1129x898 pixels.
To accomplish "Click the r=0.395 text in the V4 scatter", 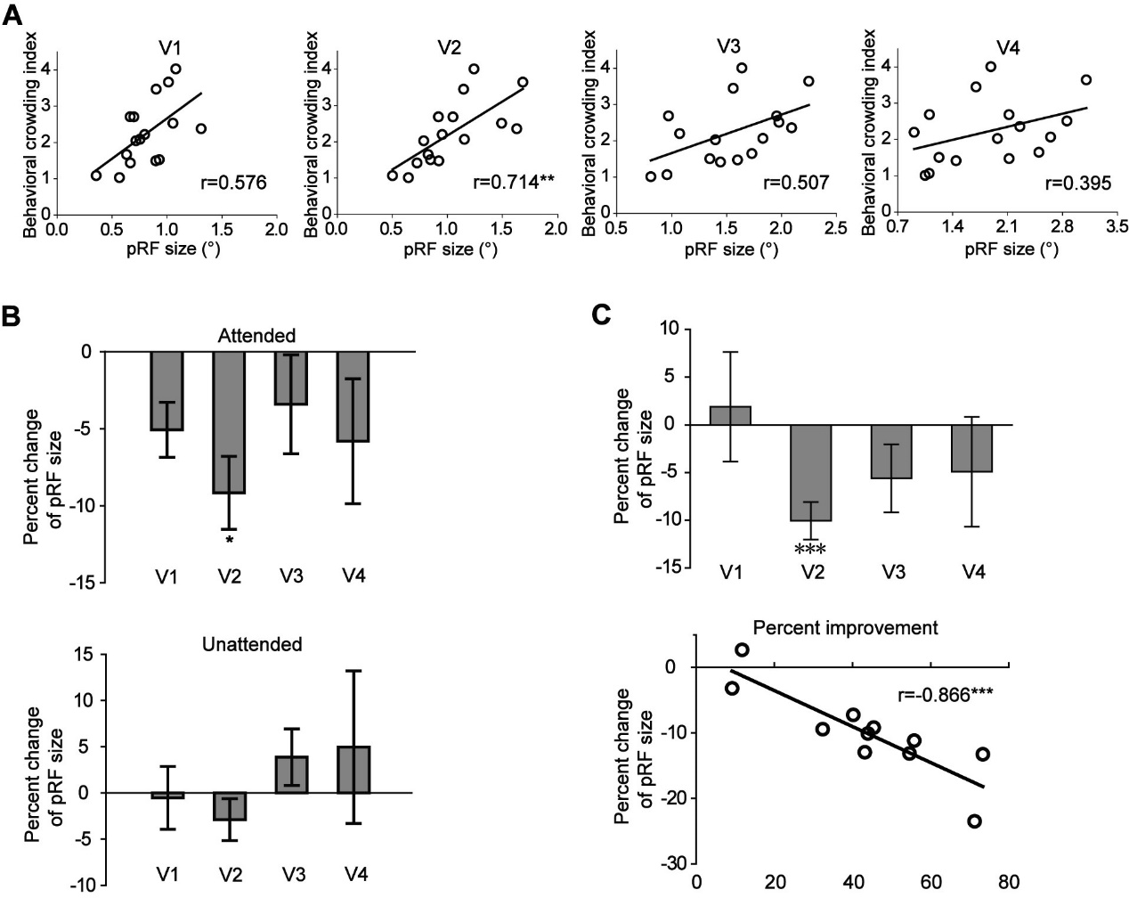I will tap(1078, 184).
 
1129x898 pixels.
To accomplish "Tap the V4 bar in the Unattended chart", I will tap(354, 770).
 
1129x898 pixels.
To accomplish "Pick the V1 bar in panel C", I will tap(731, 416).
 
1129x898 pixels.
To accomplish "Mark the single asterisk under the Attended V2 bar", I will tap(229, 540).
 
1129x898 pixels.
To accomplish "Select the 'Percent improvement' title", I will tap(845, 628).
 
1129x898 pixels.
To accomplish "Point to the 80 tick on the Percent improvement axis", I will tap(1010, 883).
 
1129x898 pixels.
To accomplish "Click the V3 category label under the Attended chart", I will tap(291, 576).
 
